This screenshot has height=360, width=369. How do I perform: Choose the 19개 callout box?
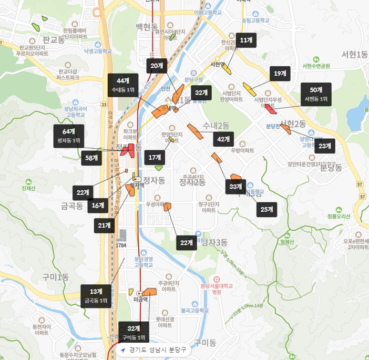[x=280, y=74]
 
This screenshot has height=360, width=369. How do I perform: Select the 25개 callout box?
[x=266, y=209]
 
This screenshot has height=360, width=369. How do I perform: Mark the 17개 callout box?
[x=155, y=157]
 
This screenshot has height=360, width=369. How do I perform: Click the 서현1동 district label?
[x=354, y=54]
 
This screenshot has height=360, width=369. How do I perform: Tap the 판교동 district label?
[x=54, y=39]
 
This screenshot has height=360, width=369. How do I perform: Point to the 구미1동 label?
[x=56, y=277]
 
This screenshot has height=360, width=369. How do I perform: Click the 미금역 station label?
[x=141, y=299]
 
